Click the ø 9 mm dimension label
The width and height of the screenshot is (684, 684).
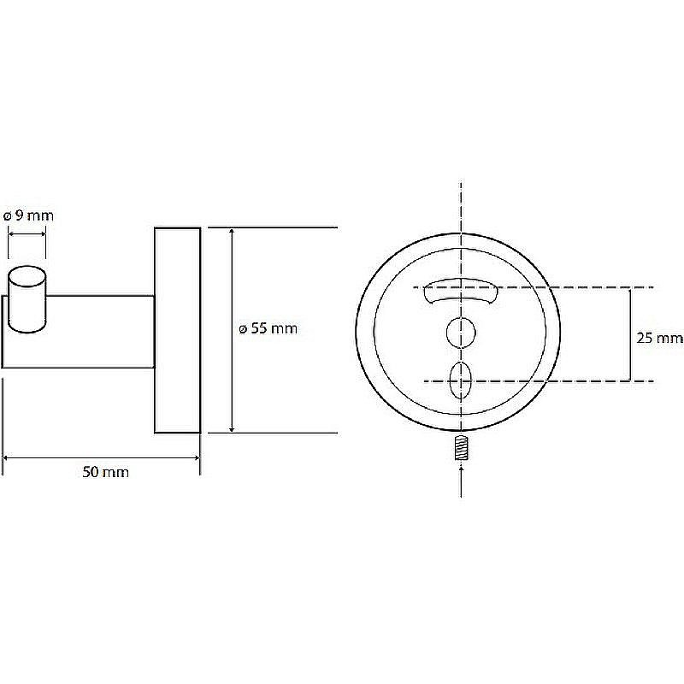pyautogui.click(x=28, y=215)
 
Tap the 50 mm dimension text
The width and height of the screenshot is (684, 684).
pyautogui.click(x=105, y=472)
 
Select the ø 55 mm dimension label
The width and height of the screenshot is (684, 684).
pyautogui.click(x=268, y=328)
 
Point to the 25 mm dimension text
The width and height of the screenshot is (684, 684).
pyautogui.click(x=659, y=338)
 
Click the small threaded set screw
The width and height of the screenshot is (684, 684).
pyautogui.click(x=461, y=449)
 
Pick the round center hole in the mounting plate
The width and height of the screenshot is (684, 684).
pyautogui.click(x=461, y=333)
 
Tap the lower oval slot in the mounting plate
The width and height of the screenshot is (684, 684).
pyautogui.click(x=461, y=380)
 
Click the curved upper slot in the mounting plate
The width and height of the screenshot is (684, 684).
pyautogui.click(x=461, y=290)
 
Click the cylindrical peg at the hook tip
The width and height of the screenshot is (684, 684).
pyautogui.click(x=27, y=300)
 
